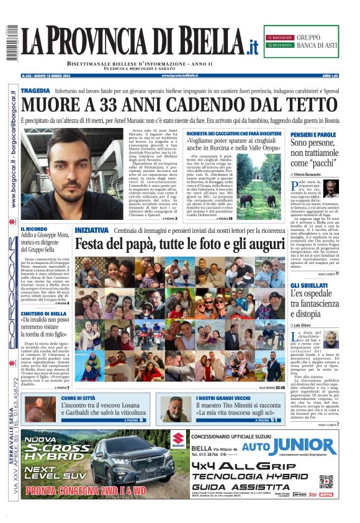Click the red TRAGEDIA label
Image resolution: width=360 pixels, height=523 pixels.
35,91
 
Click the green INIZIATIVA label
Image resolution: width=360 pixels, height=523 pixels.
94,230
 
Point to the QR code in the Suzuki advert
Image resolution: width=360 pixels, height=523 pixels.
326,481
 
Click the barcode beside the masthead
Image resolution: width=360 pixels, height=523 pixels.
11,39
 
